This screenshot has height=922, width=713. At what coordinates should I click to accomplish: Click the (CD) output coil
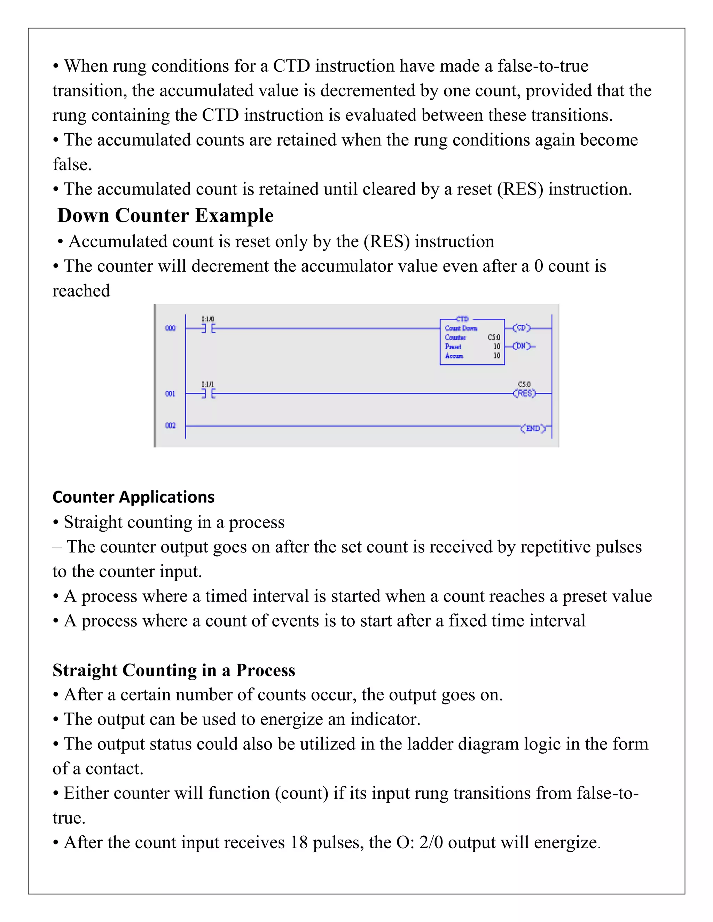(521, 328)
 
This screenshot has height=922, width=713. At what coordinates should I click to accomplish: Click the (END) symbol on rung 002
(533, 429)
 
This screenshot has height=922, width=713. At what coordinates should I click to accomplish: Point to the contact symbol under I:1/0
(208, 328)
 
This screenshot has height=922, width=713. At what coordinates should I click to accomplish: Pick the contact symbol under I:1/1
(208, 394)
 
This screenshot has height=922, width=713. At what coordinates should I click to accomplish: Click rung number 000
(170, 328)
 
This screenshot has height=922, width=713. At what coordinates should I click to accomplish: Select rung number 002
(170, 425)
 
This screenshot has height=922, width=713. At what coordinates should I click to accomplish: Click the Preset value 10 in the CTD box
(497, 346)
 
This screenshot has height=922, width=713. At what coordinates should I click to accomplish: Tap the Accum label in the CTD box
(454, 356)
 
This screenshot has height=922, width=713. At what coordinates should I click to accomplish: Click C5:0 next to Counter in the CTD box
(494, 337)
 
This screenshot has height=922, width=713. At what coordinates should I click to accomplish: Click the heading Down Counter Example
(165, 215)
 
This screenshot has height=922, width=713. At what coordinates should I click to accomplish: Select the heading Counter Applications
(133, 497)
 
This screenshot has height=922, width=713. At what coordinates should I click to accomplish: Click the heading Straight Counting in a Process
(174, 670)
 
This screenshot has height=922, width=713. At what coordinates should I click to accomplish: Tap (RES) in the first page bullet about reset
(520, 189)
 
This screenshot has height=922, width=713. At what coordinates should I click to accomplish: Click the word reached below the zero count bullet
(81, 291)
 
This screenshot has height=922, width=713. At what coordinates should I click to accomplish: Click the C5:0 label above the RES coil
(524, 384)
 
